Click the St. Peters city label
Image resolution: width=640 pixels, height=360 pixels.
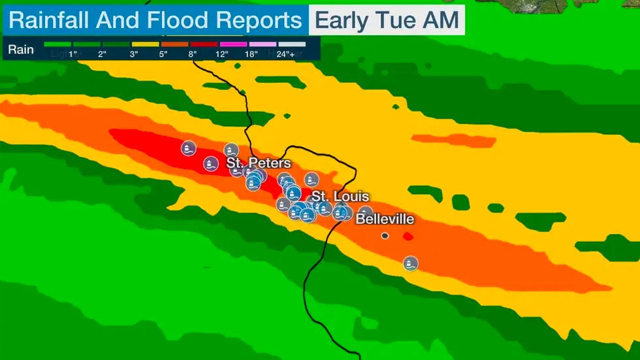259,163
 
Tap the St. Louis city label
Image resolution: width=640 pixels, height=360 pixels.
340,197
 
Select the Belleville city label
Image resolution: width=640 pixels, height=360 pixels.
385,220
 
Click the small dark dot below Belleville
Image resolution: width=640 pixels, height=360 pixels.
385,235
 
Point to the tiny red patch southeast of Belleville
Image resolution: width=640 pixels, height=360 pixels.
408,236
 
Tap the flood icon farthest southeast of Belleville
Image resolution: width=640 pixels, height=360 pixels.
410,264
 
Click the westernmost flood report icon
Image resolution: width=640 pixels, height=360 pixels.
189,148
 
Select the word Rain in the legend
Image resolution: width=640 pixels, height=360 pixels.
21,49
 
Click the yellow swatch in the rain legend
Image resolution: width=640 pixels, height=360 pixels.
146,44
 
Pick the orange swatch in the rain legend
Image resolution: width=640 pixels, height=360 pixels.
175,44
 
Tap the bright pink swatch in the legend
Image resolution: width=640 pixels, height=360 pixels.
234,44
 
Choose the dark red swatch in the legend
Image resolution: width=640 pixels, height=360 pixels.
204,44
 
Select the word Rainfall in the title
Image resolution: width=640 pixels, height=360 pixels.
50,20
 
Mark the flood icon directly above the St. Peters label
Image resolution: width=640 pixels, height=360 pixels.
231,150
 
